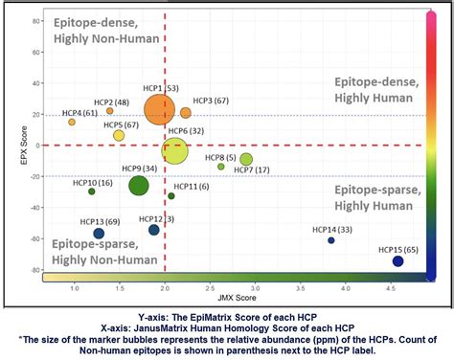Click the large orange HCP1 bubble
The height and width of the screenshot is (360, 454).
(161, 108)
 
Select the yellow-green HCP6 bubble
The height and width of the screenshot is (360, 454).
(174, 150)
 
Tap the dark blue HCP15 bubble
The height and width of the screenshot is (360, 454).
(398, 261)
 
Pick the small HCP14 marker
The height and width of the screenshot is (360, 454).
(331, 240)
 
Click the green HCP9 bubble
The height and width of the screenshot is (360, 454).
(139, 186)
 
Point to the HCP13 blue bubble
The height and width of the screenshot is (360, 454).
(99, 233)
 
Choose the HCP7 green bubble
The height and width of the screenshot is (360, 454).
(246, 159)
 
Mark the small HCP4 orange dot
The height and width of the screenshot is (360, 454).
(72, 123)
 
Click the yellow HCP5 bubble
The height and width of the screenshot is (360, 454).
(119, 136)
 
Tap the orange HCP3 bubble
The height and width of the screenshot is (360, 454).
(186, 113)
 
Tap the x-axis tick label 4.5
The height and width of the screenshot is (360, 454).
(393, 286)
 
